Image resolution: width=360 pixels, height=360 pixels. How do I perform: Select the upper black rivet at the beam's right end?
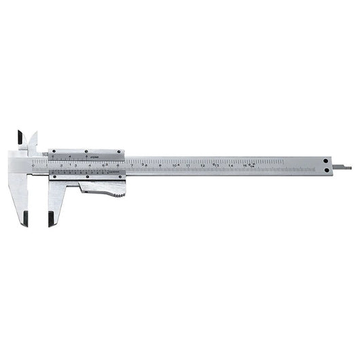pos(326,161)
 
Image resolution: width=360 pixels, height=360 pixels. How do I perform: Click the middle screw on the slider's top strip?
pos(86,151)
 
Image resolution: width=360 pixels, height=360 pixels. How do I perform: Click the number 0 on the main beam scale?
pos(33,165)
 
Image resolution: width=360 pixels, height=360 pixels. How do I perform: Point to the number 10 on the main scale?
pos(175,165)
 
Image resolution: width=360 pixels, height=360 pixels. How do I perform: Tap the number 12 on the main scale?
pos(202,165)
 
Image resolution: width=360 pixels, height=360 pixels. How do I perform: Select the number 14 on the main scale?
pos(231,165)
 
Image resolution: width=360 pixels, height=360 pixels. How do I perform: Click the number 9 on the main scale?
pos(160,165)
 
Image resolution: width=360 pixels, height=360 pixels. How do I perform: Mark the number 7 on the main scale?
pos(132,164)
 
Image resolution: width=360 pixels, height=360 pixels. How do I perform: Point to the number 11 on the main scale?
pos(188,165)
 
